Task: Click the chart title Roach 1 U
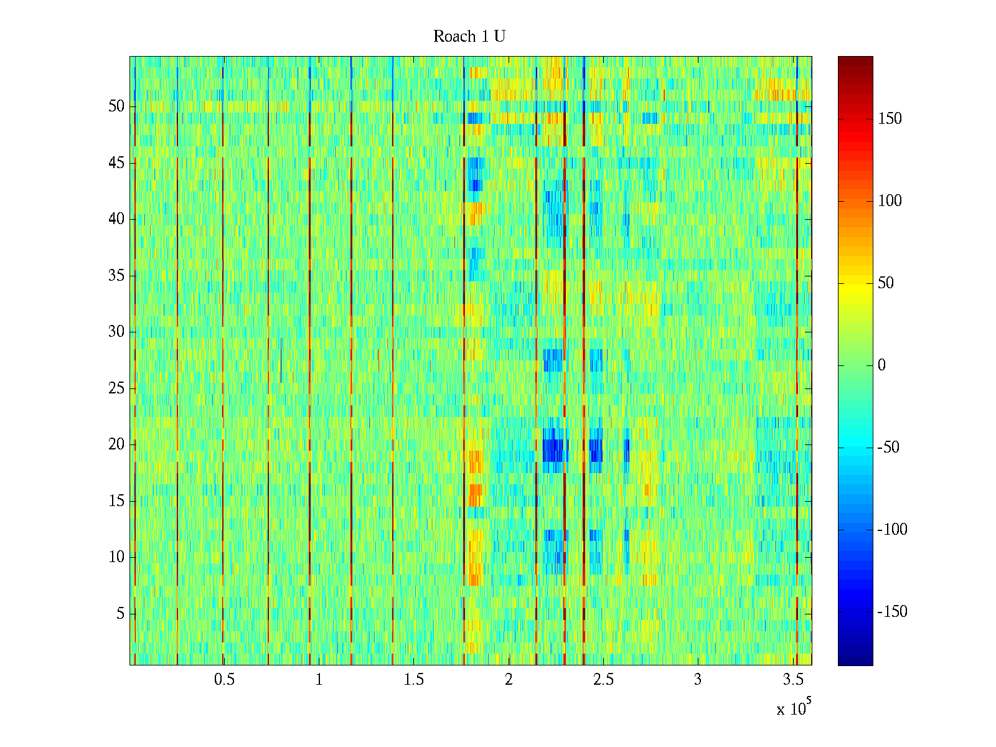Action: (x=469, y=37)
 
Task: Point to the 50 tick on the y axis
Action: (x=116, y=106)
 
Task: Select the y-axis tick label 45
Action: (x=116, y=163)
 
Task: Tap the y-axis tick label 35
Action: (x=116, y=276)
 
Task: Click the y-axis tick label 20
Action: (x=116, y=444)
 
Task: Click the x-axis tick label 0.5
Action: (x=224, y=680)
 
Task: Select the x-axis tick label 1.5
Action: (x=413, y=680)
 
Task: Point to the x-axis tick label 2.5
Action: (x=603, y=680)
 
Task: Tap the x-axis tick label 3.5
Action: (x=792, y=680)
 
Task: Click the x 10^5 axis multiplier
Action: (x=793, y=708)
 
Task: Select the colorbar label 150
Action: (x=890, y=119)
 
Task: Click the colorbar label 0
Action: (x=881, y=365)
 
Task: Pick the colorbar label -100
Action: (x=892, y=530)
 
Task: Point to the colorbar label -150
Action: (x=892, y=612)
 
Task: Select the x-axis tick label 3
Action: (x=698, y=680)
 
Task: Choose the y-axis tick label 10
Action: (x=116, y=557)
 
